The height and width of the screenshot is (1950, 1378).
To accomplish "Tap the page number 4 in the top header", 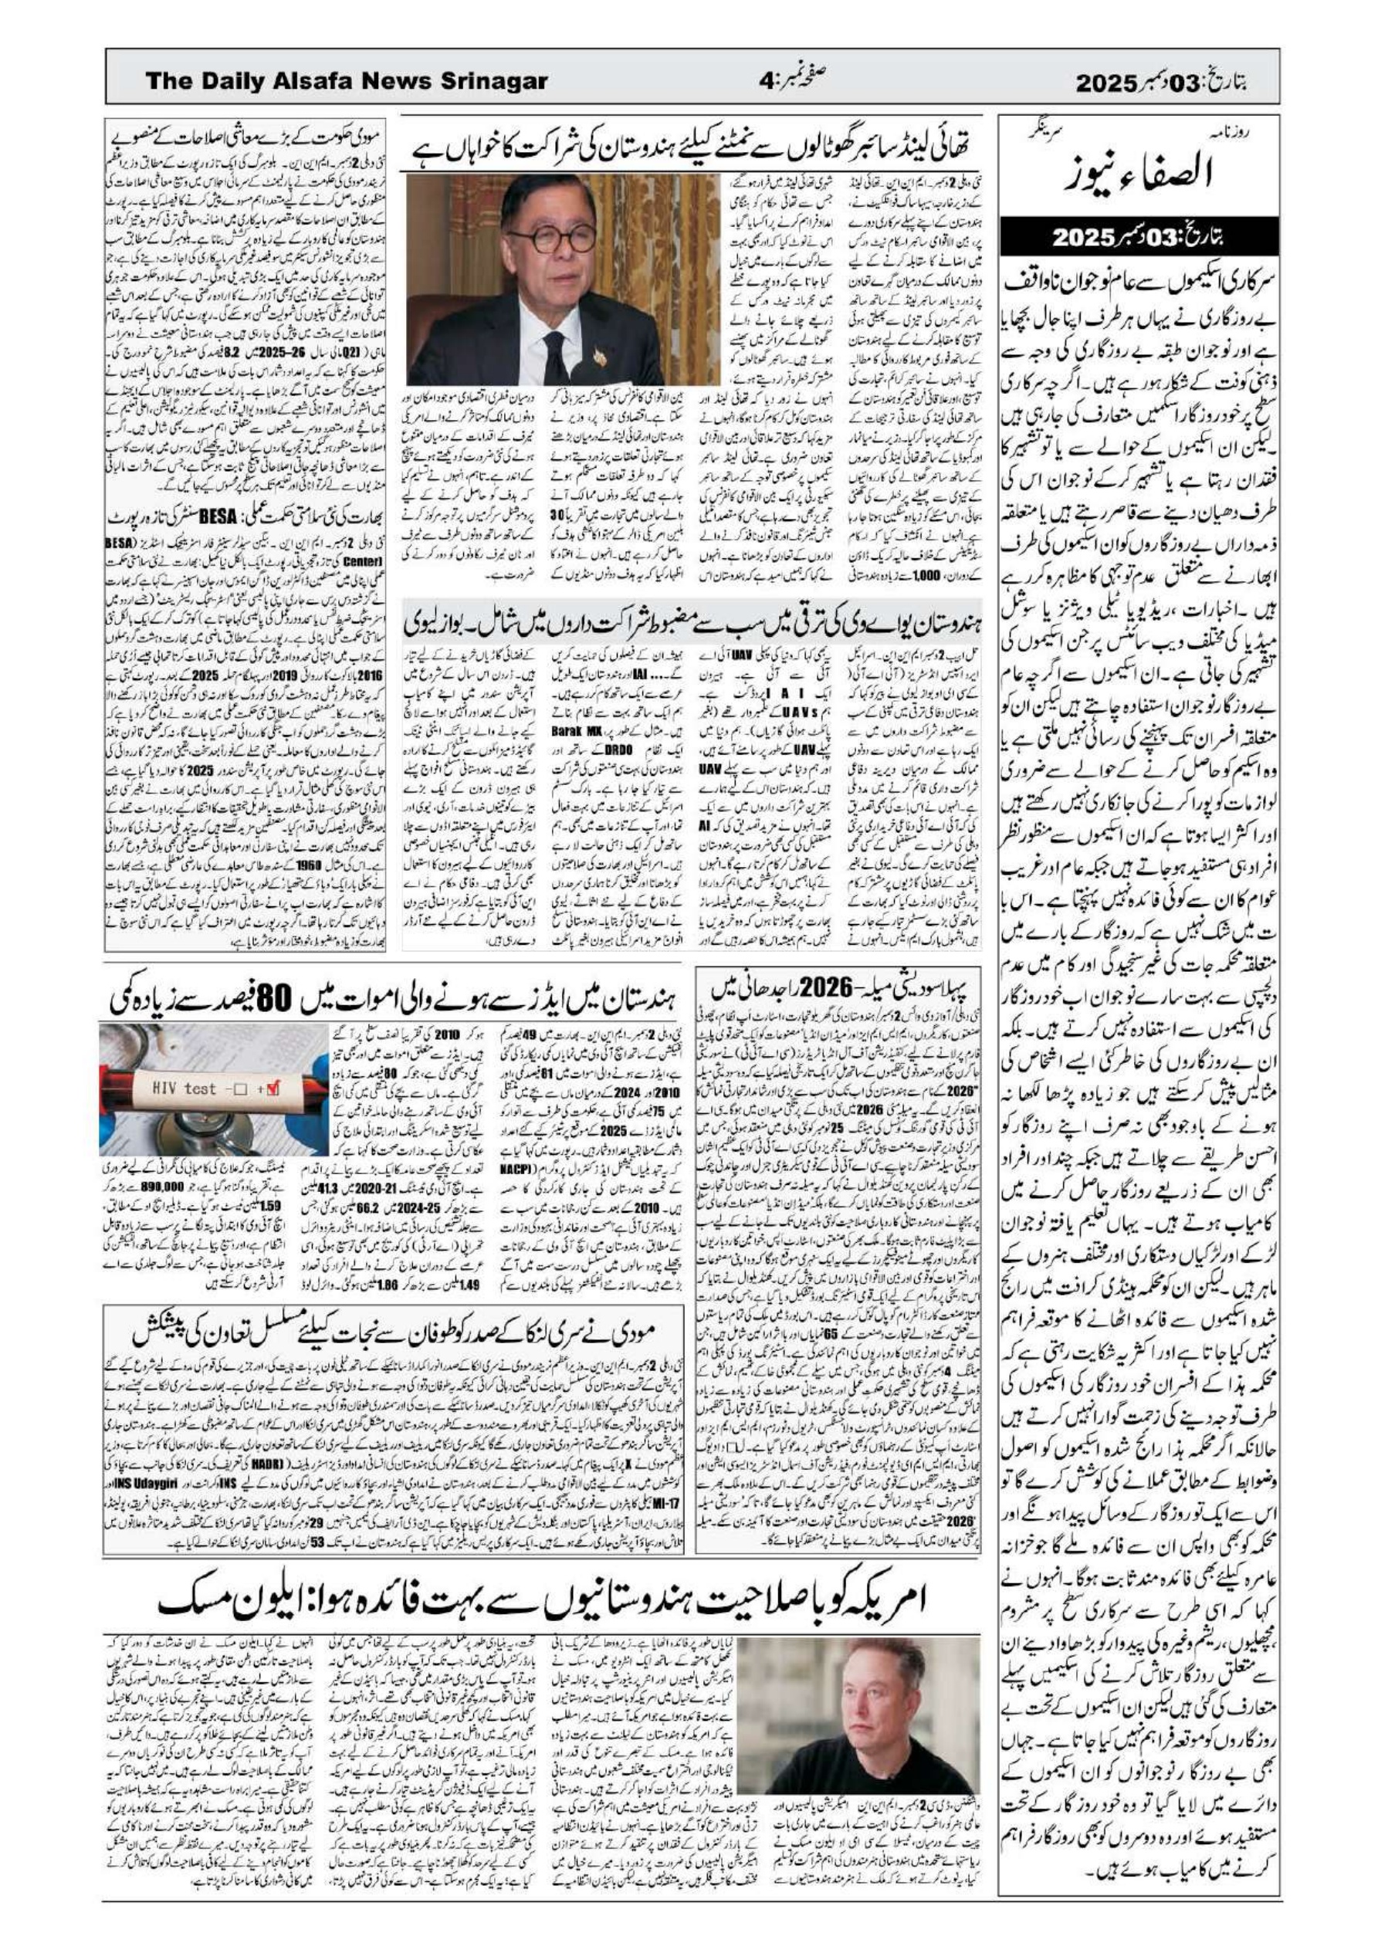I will pos(767,83).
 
